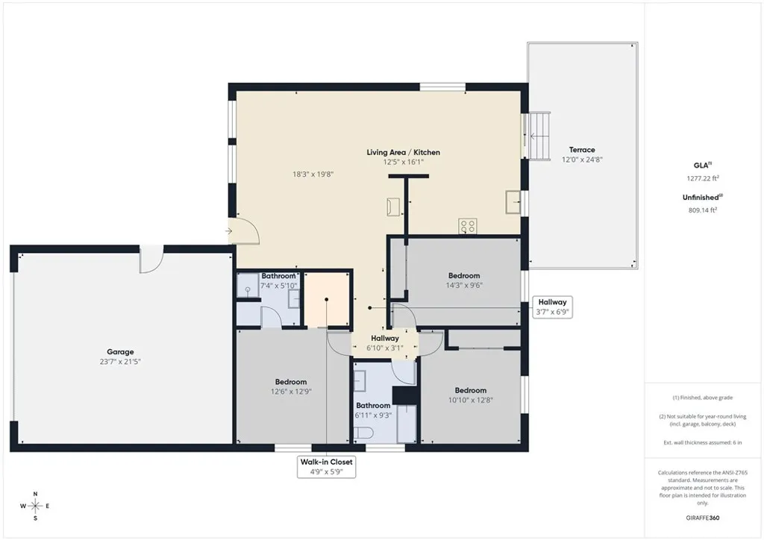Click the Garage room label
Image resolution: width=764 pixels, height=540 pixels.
119,351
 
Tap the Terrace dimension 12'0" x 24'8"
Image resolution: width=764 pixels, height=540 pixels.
582,160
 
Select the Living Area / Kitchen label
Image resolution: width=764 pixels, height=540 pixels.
403,152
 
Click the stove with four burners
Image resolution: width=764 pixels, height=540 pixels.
468,226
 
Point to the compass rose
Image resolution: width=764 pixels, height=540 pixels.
35,506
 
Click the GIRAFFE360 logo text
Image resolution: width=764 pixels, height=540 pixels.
704,518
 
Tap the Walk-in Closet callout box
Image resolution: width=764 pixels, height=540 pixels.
327,467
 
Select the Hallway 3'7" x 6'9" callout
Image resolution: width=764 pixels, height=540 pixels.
553,307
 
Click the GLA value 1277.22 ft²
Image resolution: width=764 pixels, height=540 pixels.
703,178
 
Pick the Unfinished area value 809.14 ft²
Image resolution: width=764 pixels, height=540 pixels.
702,210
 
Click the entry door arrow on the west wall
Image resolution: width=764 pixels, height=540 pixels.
228,231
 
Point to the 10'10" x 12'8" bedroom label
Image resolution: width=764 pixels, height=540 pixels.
471,390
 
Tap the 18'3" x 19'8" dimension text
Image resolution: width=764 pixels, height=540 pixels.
313,174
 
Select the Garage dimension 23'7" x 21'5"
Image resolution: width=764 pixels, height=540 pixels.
119,361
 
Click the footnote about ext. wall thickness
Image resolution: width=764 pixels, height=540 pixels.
703,443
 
